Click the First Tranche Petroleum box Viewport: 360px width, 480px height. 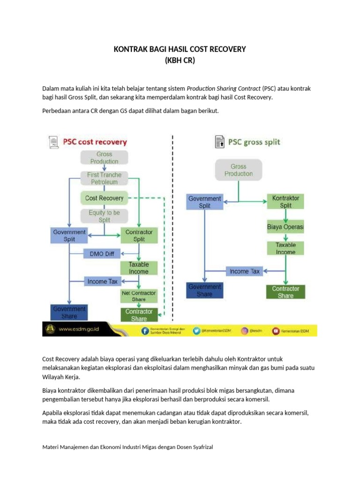tap(104, 178)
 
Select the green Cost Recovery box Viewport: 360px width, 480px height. tap(104, 198)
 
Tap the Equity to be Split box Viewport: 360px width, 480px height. tap(104, 216)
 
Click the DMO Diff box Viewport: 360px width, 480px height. tap(102, 254)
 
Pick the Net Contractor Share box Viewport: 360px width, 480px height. tap(139, 296)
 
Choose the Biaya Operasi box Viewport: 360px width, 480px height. tap(285, 227)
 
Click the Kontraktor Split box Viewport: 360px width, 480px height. tap(285, 202)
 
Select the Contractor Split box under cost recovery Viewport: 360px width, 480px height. tap(139, 235)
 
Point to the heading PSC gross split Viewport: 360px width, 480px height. tap(254, 142)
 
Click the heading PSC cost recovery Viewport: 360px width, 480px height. tap(95, 142)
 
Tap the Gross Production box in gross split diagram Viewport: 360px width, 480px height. tap(238, 170)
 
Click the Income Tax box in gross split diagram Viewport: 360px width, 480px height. tap(245, 271)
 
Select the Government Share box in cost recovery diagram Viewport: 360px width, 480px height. tap(69, 313)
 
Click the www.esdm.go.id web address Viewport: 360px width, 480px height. tap(79, 330)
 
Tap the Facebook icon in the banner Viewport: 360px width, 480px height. tap(146, 330)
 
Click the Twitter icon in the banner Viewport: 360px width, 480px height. tap(197, 330)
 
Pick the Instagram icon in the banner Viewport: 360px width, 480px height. tap(245, 330)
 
